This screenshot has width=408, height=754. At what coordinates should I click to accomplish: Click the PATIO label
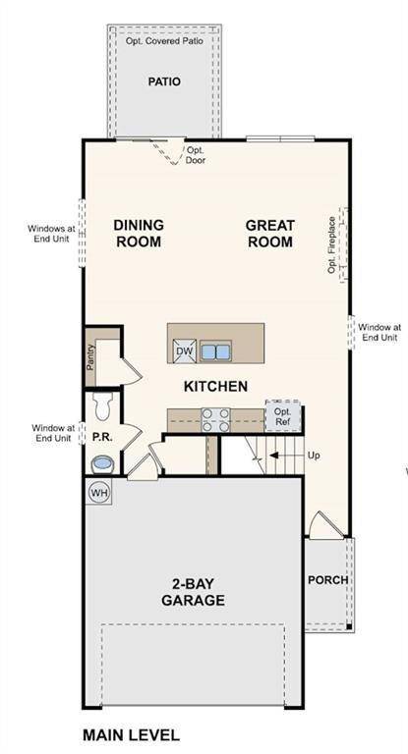[x=164, y=82]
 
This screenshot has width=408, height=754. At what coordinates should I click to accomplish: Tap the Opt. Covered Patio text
[x=164, y=42]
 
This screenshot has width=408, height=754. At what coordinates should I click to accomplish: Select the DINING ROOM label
[x=139, y=233]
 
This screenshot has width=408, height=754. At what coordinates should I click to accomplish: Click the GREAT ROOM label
[x=269, y=233]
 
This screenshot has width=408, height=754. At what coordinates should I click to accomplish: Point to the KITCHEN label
[x=215, y=387]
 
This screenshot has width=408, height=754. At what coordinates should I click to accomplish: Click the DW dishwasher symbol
[x=184, y=350]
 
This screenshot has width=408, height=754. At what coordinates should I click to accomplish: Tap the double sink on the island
[x=215, y=350]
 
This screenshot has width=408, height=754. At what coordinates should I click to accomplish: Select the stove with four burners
[x=215, y=419]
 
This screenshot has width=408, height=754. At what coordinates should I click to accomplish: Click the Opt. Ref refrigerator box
[x=283, y=415]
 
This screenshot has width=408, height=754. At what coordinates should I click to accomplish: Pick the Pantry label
[x=90, y=359]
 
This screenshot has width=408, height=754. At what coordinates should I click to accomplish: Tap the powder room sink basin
[x=102, y=462]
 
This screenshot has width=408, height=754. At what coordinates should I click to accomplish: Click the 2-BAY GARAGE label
[x=193, y=592]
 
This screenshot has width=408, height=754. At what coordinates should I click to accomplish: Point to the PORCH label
[x=327, y=580]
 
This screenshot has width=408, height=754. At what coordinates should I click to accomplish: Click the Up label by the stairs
[x=315, y=456]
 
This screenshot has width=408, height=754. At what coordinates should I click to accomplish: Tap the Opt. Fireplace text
[x=332, y=245]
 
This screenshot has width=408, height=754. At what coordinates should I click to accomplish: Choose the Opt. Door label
[x=196, y=155]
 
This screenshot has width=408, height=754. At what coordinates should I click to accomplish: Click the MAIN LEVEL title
[x=131, y=734]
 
